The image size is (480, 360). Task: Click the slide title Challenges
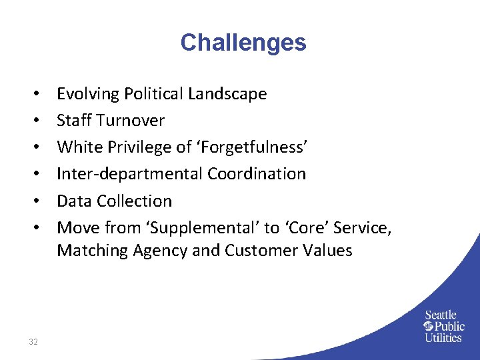pyautogui.click(x=243, y=43)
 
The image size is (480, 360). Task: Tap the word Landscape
pyautogui.click(x=227, y=94)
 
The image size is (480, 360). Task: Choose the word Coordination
pyautogui.click(x=257, y=174)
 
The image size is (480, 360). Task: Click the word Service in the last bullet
pyautogui.click(x=363, y=227)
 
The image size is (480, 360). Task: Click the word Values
pyautogui.click(x=327, y=251)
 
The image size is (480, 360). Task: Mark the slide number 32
pyautogui.click(x=33, y=342)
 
